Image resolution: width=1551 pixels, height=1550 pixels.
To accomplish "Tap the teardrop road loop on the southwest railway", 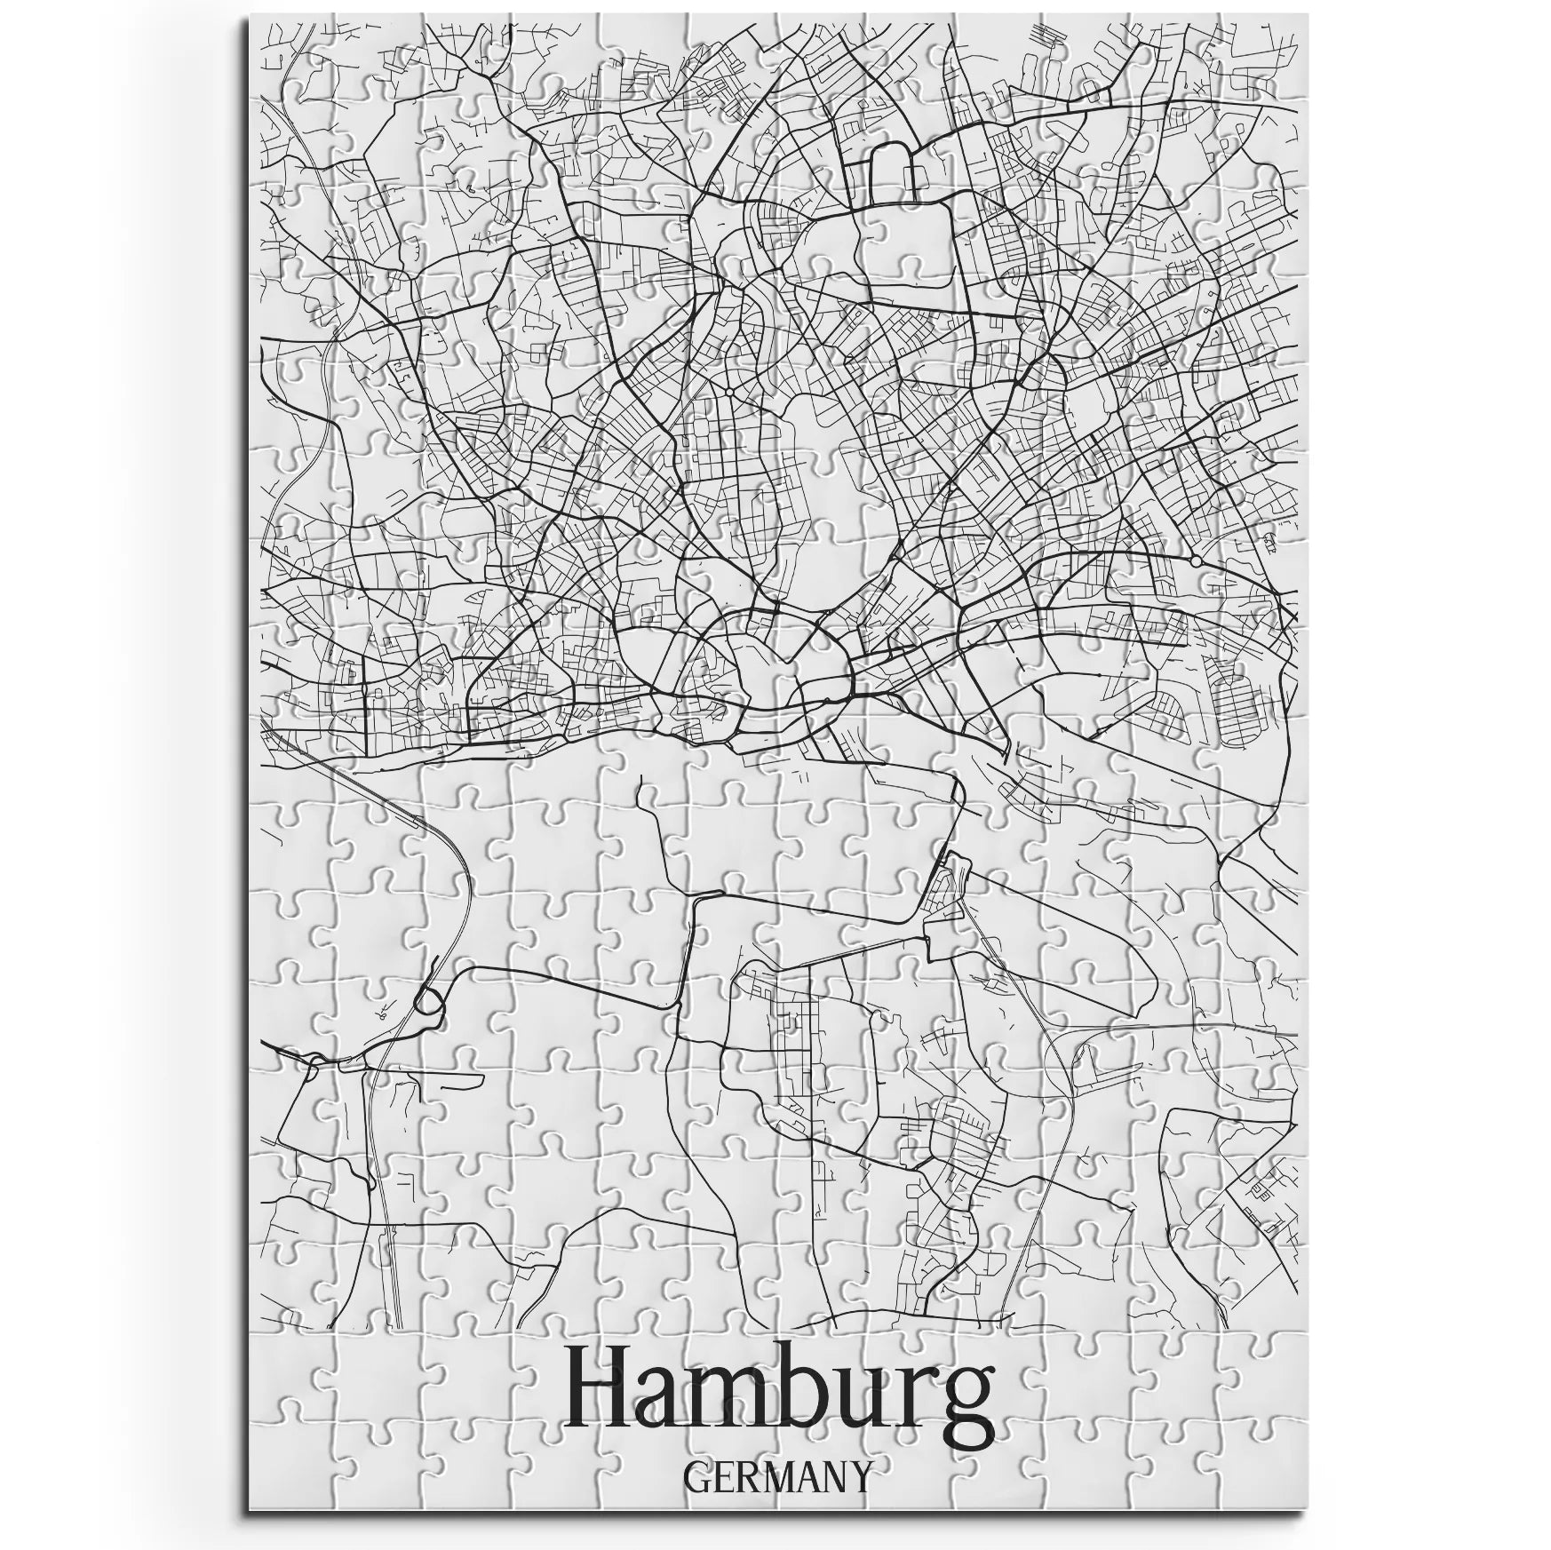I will [429, 1002].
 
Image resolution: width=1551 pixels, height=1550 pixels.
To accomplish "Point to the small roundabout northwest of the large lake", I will [728, 390].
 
